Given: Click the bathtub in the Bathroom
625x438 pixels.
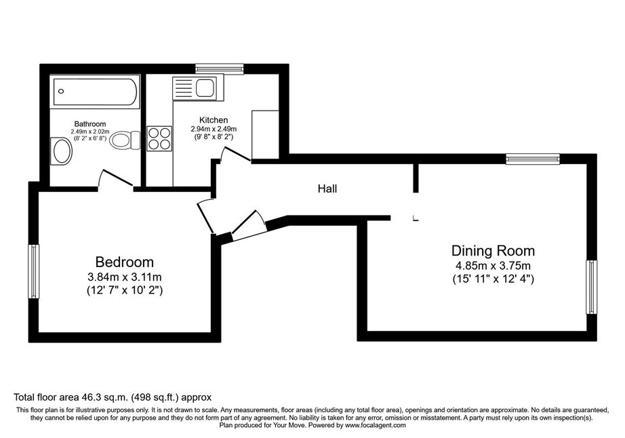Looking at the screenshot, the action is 96,92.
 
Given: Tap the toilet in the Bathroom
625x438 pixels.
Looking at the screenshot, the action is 125,140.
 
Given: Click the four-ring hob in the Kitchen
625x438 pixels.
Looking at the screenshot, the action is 159,138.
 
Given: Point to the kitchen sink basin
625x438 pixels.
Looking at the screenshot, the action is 205,88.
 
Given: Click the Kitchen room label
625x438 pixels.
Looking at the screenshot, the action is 214,120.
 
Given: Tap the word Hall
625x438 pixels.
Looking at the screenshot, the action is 327,188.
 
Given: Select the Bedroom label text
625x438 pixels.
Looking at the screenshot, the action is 124,262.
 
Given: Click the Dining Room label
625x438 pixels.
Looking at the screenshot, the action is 493,251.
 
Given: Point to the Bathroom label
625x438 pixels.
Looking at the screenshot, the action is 90,124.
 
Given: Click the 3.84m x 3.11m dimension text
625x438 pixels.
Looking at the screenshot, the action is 124,277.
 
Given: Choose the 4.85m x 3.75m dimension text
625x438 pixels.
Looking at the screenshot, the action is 493,265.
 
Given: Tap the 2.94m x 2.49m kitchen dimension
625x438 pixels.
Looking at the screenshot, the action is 214,129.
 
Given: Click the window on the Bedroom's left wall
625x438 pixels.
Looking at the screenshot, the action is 33,271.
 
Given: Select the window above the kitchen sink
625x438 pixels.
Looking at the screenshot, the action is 219,69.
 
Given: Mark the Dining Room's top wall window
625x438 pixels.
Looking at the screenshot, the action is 533,159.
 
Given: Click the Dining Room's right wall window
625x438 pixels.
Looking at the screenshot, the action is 592,287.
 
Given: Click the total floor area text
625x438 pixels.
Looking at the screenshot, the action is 113,397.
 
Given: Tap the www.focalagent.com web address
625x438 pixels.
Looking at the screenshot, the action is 376,425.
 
